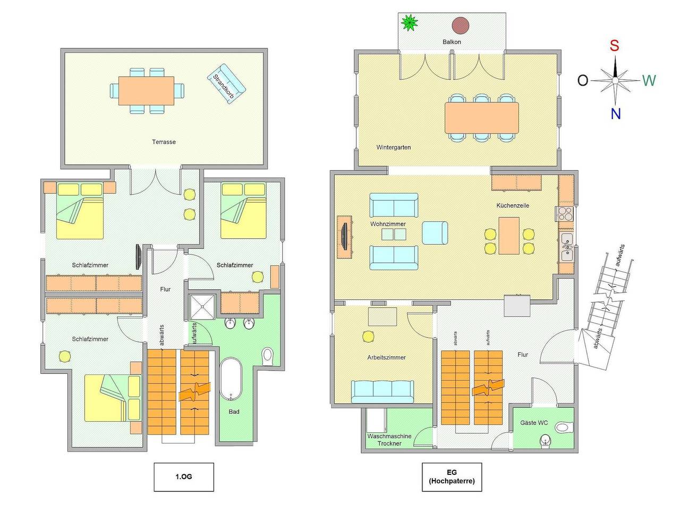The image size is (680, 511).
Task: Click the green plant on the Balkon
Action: coord(409,22)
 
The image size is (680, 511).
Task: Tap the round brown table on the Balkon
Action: coord(460,25)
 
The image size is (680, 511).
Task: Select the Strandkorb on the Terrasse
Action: coord(226,83)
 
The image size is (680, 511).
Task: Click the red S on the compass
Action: coord(614,46)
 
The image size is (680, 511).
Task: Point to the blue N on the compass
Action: coord(616,114)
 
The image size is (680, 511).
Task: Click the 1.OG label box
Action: coord(184,477)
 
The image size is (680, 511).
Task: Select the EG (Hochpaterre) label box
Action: coord(452,477)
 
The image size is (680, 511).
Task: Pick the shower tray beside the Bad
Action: coord(202,307)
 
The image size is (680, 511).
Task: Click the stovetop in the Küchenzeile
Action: coord(565,214)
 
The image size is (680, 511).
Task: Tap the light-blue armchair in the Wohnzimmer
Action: coord(435,233)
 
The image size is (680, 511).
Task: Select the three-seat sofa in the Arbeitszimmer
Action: coord(382,391)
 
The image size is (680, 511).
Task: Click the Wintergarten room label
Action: coord(394,147)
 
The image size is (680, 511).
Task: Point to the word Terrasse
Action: coord(164,142)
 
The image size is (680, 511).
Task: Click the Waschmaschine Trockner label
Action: coord(389,439)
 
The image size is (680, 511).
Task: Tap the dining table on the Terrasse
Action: coord(146,91)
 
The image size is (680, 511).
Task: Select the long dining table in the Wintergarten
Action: coord(482,118)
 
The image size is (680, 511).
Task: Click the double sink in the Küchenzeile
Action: coord(567,247)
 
